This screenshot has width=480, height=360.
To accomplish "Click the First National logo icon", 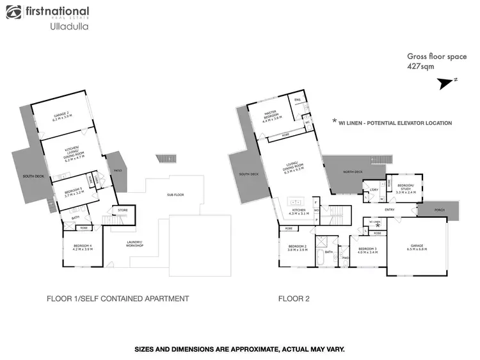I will tap(14, 12).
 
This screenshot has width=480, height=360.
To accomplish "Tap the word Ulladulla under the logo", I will tap(68, 28).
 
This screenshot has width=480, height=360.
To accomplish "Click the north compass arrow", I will tap(446, 83).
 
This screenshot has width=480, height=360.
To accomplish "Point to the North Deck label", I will tap(353, 172).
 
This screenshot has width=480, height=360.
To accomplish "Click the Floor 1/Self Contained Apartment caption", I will tap(118, 299).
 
